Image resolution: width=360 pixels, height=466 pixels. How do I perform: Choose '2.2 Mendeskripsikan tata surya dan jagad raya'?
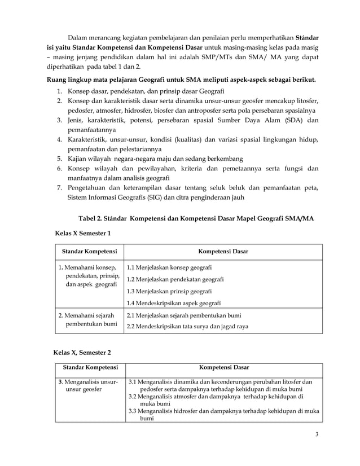(x=187, y=327)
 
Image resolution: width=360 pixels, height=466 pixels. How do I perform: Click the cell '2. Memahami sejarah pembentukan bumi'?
(x=88, y=320)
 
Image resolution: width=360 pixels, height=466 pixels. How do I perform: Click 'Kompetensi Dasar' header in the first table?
(x=223, y=251)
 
